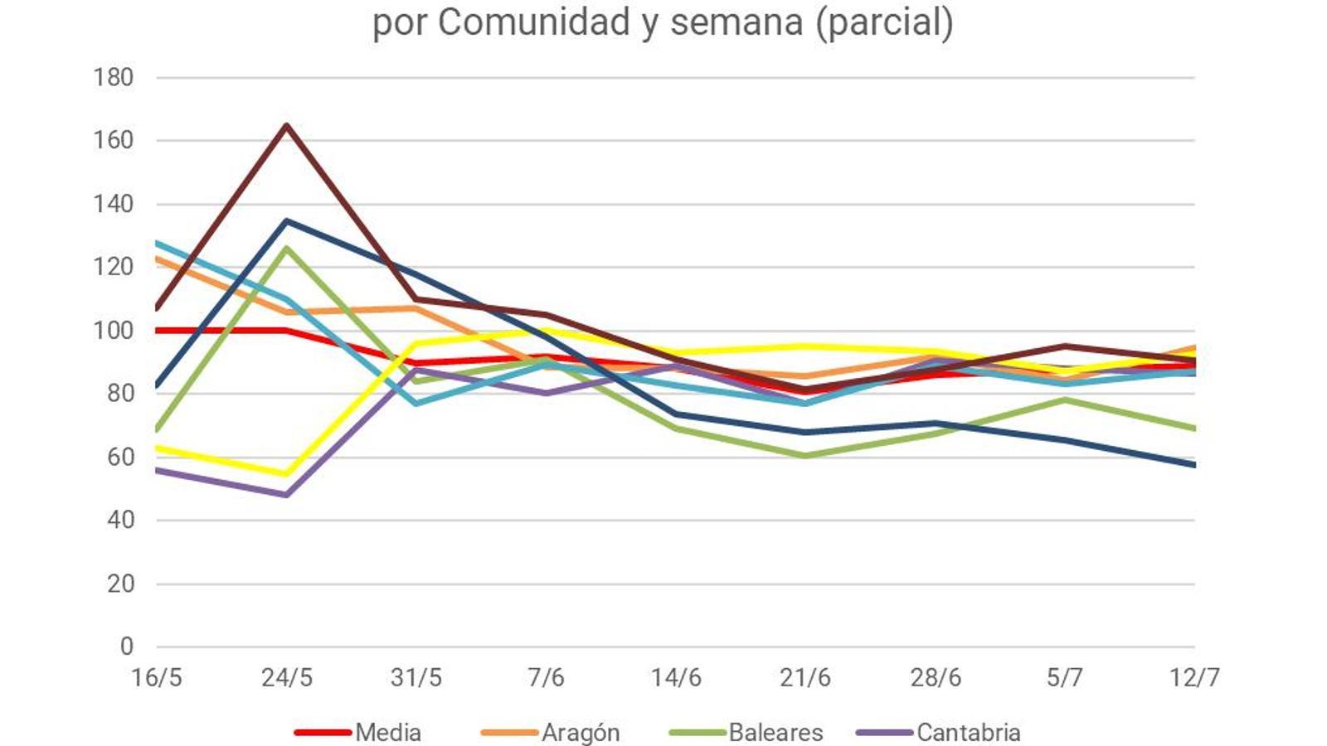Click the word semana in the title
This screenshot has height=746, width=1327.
coord(736,22)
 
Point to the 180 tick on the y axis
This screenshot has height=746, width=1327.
coord(114,77)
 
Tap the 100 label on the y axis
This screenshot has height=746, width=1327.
coord(114,331)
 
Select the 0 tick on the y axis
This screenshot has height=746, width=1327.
coord(126,647)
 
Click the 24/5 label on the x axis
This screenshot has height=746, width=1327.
coord(287,678)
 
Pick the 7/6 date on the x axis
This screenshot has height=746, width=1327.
coord(546,678)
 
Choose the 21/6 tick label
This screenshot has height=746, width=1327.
coord(805,678)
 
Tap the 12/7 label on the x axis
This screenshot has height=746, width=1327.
coord(1194,678)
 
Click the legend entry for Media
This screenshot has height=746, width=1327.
coord(387,733)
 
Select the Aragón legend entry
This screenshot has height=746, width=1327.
coord(580,733)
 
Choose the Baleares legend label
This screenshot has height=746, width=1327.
coord(775,733)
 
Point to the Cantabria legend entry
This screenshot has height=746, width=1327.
coord(968,733)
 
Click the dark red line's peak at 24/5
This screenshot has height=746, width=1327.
coord(287,125)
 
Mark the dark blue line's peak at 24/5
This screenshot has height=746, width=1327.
coord(287,220)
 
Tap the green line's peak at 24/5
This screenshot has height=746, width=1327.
coord(287,247)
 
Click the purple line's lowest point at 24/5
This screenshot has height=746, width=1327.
coord(287,495)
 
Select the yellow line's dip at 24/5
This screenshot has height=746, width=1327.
coord(287,474)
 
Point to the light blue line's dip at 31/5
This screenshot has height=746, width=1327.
coord(416,403)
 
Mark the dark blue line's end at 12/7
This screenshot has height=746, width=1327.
coord(1193,465)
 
